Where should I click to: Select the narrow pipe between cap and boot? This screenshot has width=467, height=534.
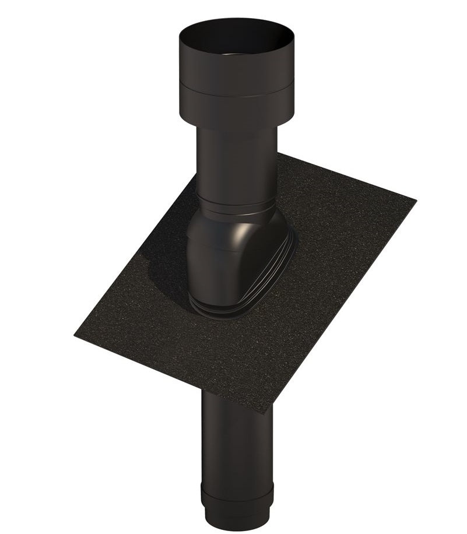pyautogui.click(x=236, y=163)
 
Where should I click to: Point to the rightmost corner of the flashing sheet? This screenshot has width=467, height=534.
pyautogui.click(x=415, y=199)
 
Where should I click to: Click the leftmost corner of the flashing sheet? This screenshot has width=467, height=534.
pyautogui.click(x=76, y=335)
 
